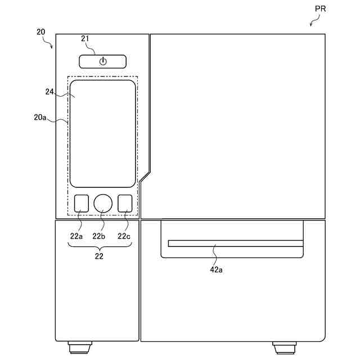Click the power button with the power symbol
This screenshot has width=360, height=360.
(x=102, y=61)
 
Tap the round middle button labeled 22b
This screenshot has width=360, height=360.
(x=103, y=203)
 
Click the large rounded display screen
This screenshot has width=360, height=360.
(x=103, y=133)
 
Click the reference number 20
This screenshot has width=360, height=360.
(x=41, y=32)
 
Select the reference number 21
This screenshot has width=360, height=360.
(x=85, y=38)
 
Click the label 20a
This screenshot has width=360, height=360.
(x=40, y=118)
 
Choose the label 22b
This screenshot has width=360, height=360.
(x=100, y=236)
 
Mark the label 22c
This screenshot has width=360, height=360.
(x=124, y=236)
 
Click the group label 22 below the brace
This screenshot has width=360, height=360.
(x=100, y=256)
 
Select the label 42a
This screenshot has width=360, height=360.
(x=216, y=269)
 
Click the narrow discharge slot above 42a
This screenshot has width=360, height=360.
(x=235, y=243)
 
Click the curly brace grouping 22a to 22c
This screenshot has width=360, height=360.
(x=100, y=246)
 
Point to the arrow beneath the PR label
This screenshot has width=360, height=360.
(x=314, y=21)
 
